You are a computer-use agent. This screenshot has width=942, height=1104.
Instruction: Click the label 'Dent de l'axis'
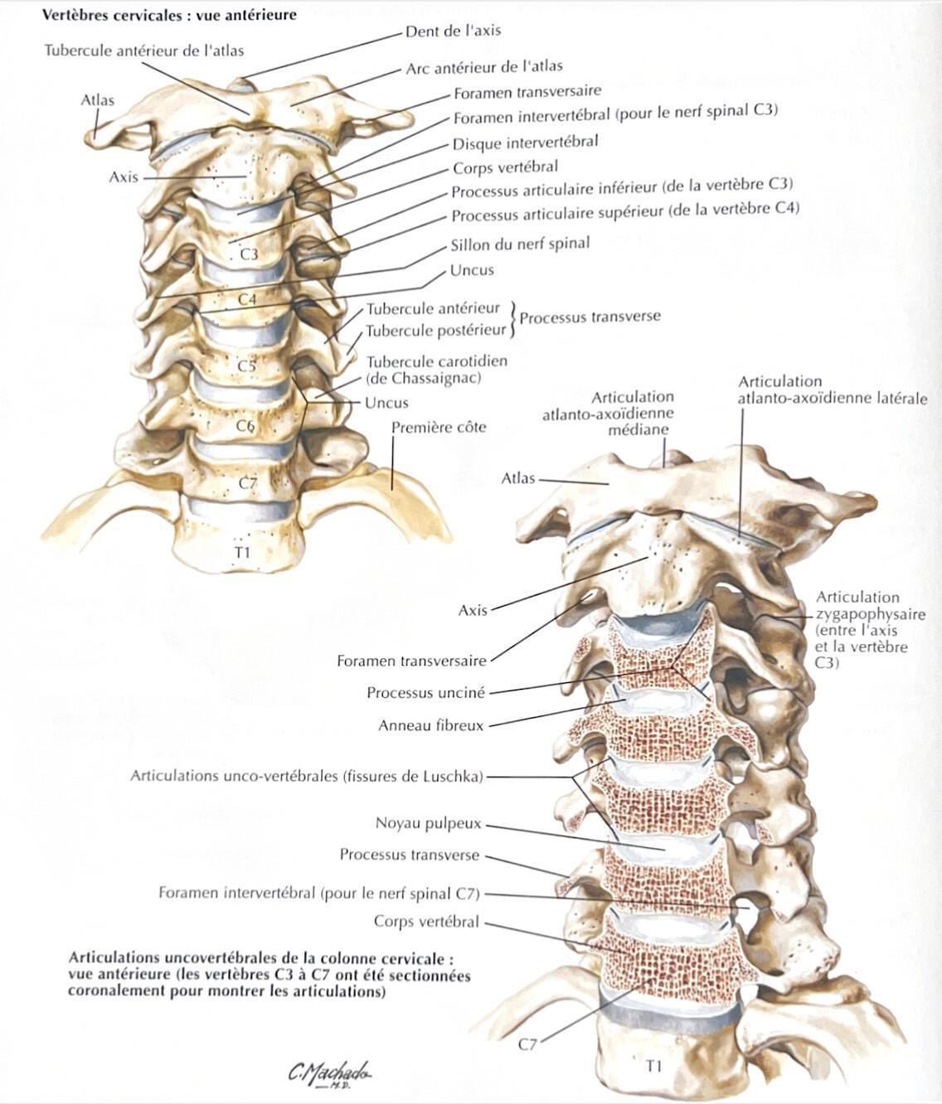(453, 31)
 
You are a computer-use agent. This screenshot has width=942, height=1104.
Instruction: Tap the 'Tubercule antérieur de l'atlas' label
(144, 51)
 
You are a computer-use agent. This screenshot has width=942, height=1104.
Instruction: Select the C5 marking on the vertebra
(247, 366)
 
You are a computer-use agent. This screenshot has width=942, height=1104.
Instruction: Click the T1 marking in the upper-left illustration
(243, 552)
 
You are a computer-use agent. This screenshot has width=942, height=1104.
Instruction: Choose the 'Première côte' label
(439, 428)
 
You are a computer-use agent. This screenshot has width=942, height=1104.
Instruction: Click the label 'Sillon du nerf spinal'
(520, 245)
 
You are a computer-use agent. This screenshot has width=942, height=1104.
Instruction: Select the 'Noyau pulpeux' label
(429, 823)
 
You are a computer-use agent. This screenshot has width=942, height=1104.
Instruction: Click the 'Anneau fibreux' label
(430, 725)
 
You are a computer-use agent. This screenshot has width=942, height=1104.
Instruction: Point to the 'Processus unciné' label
(426, 693)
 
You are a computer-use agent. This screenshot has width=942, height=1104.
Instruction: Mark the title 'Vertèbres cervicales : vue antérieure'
(169, 14)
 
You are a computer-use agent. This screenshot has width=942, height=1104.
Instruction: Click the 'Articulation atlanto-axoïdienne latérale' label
(833, 390)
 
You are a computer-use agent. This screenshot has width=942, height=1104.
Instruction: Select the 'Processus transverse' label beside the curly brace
(590, 317)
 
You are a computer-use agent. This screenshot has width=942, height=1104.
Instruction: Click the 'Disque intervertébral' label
(525, 143)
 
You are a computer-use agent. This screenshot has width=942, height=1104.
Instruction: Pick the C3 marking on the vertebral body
(249, 254)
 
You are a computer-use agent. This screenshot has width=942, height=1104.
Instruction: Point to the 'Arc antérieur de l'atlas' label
(484, 67)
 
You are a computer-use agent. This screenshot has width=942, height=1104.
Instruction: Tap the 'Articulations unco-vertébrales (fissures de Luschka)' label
(307, 776)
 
